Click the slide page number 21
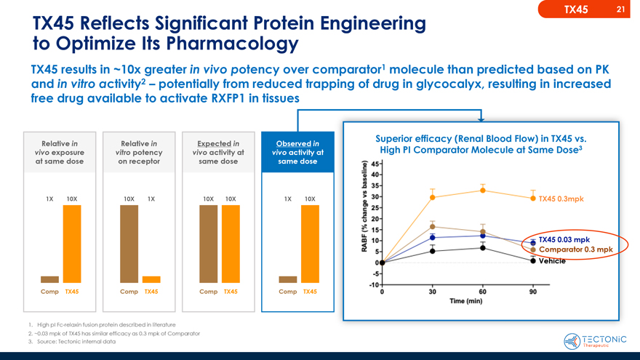(620, 9)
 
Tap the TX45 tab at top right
(576, 9)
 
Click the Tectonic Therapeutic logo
(595, 340)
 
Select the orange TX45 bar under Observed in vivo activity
(310, 243)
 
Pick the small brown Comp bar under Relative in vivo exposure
(49, 279)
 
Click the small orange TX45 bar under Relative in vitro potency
(151, 279)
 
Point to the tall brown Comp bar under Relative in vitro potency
(129, 243)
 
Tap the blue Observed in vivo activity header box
(297, 152)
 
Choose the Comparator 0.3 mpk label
(577, 250)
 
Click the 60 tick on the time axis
(483, 292)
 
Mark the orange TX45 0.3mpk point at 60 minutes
(483, 191)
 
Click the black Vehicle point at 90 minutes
(533, 261)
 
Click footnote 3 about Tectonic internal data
(73, 341)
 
